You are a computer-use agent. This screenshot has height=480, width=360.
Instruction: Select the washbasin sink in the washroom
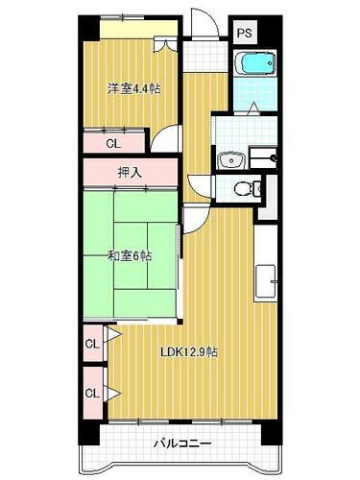tap(229, 159)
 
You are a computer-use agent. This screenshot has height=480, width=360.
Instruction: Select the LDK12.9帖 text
tap(188, 351)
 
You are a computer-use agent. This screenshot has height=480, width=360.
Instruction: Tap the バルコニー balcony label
tap(180, 444)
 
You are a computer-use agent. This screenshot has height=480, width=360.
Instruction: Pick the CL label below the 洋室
tap(112, 144)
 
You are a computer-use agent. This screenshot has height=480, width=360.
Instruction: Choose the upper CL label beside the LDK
tap(92, 343)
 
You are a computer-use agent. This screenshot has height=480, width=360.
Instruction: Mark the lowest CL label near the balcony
tap(92, 392)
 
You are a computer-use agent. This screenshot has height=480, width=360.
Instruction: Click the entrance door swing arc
tap(199, 21)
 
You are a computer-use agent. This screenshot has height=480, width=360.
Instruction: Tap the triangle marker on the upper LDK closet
tap(111, 336)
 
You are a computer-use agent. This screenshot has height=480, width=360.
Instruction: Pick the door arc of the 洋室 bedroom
tap(162, 139)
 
